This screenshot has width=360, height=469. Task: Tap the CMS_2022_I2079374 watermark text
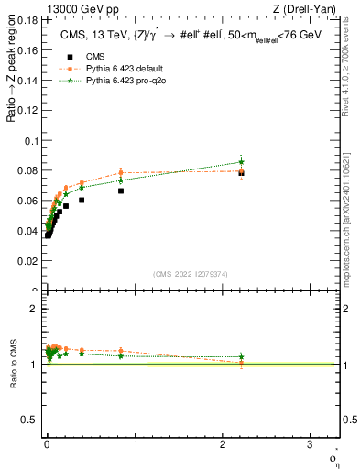coord(190,273)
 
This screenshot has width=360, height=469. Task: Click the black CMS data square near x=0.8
coord(121,191)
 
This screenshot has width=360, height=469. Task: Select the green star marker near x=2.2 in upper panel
coord(241,162)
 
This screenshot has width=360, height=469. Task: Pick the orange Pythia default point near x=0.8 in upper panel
coord(121,172)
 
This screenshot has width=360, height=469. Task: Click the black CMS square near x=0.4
coord(82,200)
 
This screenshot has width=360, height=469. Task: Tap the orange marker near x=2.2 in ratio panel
coord(241,364)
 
